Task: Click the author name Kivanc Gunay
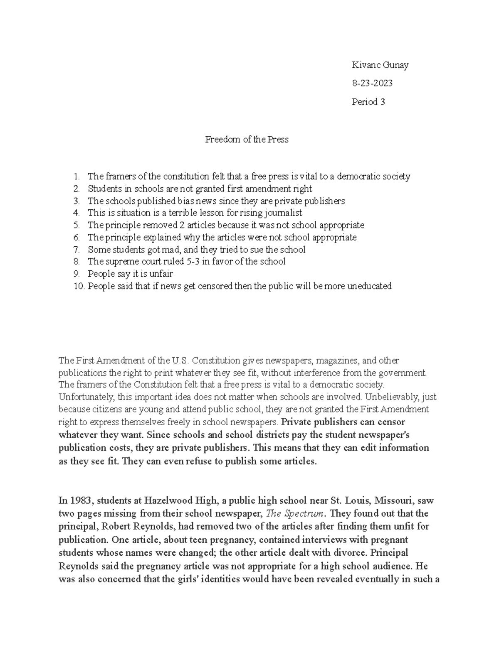[x=380, y=65]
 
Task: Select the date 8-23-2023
[x=372, y=83]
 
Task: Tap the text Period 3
[x=368, y=102]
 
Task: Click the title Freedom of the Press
[x=247, y=140]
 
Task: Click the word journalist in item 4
[x=282, y=213]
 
